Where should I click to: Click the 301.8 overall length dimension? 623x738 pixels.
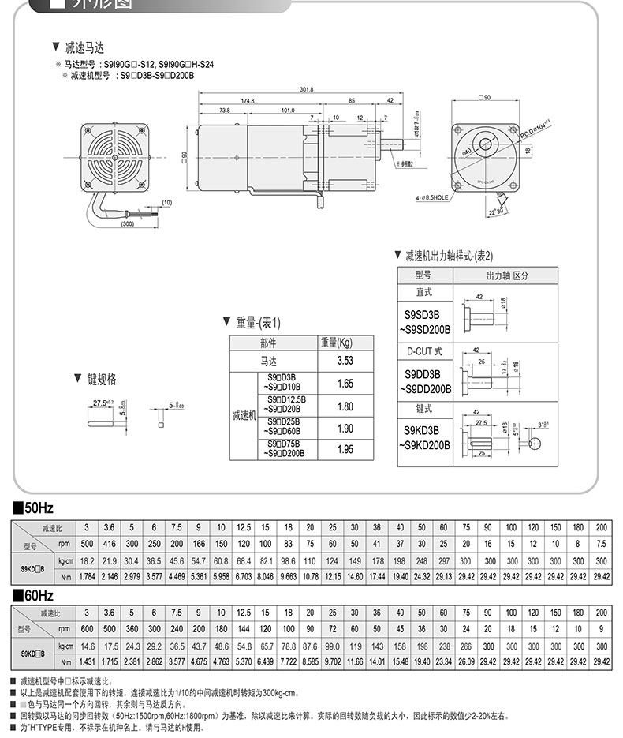coord(307,89)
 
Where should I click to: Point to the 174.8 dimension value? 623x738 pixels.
coord(248,101)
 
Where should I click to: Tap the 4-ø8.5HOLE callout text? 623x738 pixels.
coord(432,199)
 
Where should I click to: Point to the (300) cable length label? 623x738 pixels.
coord(126,224)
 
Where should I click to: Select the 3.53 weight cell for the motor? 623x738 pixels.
coord(345,361)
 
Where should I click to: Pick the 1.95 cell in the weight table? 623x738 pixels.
coord(345,448)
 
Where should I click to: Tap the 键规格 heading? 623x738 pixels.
coord(101,380)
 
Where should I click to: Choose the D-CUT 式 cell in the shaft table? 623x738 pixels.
coord(424,351)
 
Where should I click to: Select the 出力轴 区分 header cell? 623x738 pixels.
coord(505,275)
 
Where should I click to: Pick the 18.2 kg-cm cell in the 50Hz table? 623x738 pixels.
coord(87,560)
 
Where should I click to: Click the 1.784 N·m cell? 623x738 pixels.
coord(87,576)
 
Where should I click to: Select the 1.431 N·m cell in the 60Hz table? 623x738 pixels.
coord(87,661)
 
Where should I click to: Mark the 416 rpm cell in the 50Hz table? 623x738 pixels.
coord(109,543)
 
